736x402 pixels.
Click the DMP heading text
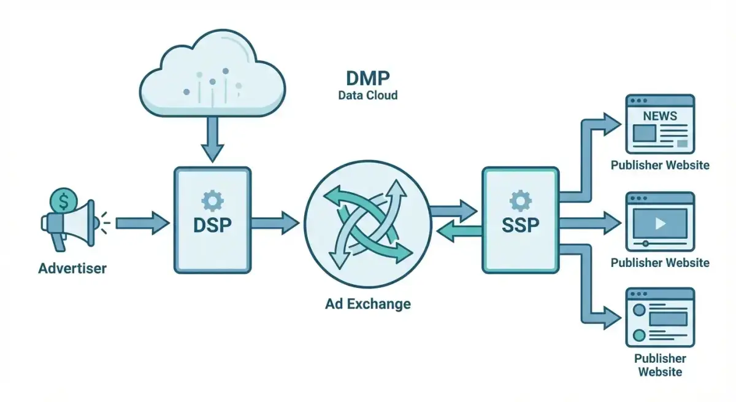367,78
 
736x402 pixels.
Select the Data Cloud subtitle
367,96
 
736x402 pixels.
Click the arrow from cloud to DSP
213,139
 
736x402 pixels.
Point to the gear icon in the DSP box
213,200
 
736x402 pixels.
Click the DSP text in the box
213,225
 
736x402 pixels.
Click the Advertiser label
72,269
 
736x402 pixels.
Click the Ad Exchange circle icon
367,220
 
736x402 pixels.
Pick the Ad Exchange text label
368,304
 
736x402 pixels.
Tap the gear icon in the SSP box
520,200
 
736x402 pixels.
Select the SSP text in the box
520,225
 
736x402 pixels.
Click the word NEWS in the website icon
660,116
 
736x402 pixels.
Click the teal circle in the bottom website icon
639,335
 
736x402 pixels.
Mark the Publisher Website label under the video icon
660,263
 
